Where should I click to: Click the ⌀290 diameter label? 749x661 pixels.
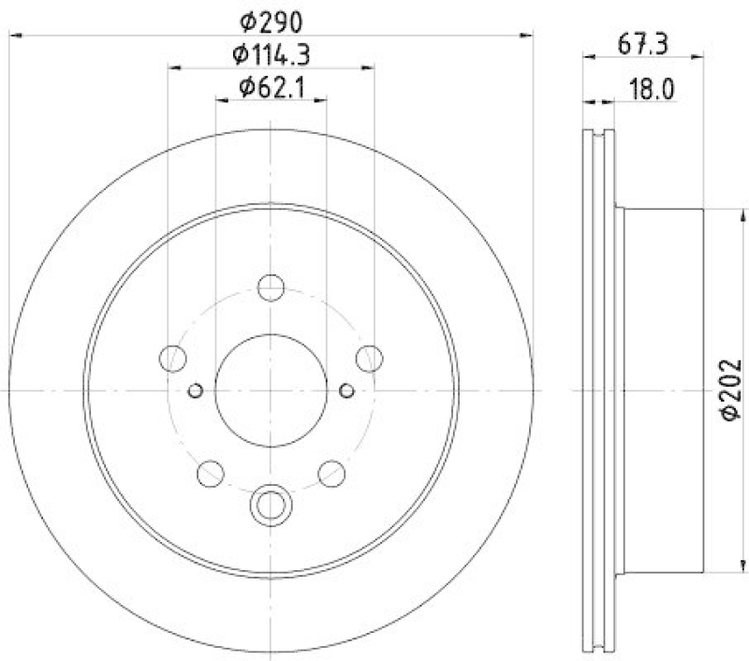pos(272,19)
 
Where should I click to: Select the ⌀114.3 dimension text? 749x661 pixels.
pos(272,53)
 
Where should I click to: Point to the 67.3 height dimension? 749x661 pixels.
pos(643,41)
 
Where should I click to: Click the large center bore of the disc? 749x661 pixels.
pos(271,389)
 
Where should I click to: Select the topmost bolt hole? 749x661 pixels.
pos(271,287)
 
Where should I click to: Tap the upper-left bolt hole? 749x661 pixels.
pos(172,358)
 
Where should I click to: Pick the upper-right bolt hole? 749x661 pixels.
pos(370,358)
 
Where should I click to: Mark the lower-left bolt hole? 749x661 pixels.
pos(211,474)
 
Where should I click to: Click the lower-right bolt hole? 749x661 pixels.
pos(331,474)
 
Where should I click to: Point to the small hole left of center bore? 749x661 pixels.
pos(196,389)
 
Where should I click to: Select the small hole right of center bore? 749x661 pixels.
pos(346,389)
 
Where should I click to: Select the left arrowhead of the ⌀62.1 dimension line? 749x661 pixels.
pos(221,101)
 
